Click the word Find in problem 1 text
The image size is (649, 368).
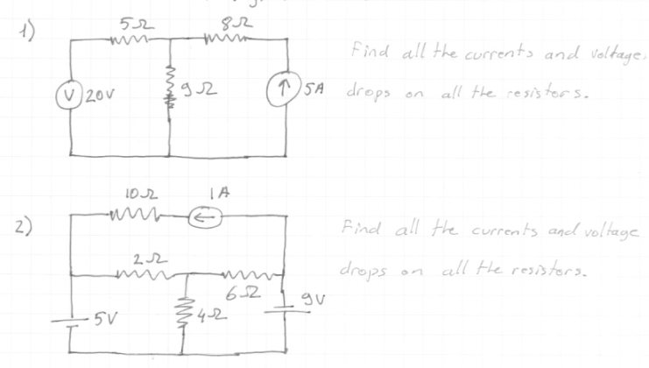(x=365, y=47)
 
